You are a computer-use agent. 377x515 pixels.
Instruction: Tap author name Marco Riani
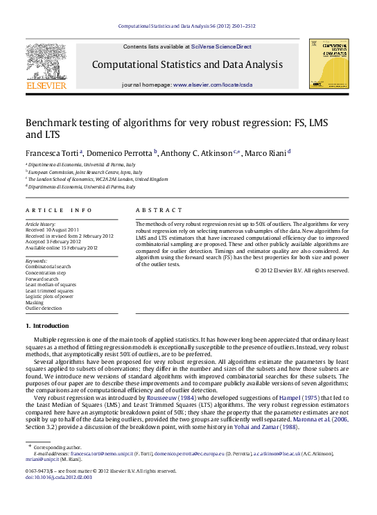tap(267, 152)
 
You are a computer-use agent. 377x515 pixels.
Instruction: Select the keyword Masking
tap(35, 303)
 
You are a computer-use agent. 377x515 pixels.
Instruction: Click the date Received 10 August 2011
tap(52, 229)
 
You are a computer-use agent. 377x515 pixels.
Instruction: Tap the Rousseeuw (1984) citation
tap(175, 398)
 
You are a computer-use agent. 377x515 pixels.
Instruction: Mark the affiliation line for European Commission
tap(85, 171)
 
